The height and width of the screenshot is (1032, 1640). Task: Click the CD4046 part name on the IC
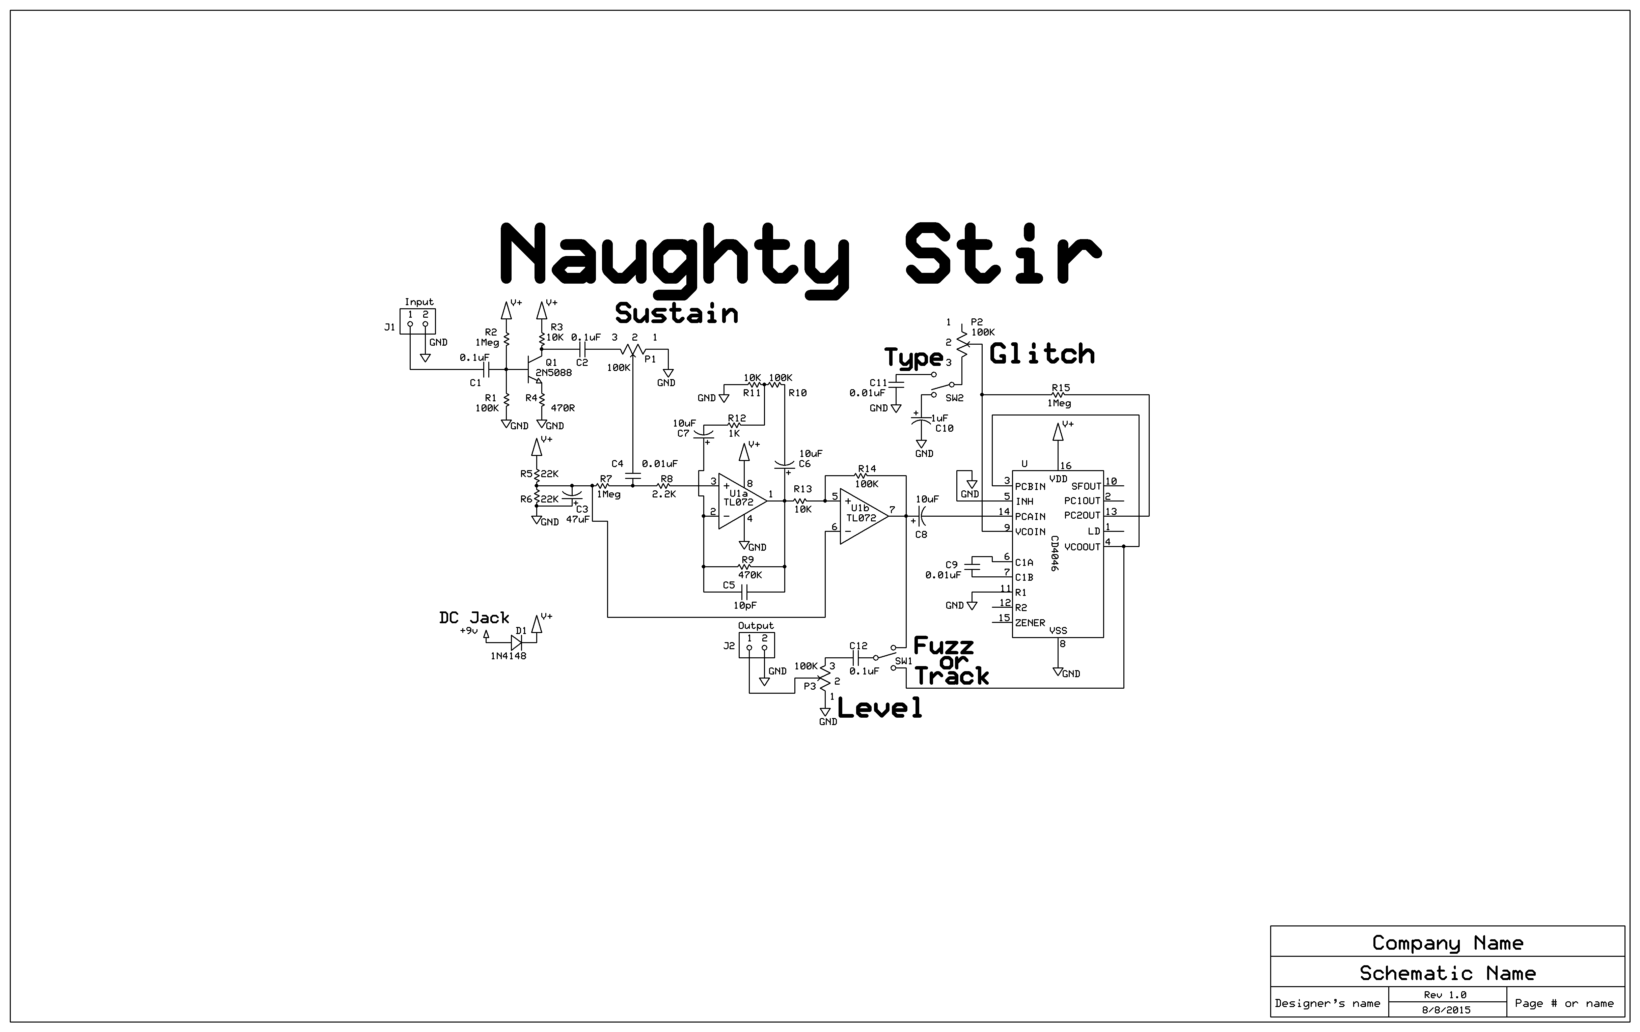click(x=1054, y=553)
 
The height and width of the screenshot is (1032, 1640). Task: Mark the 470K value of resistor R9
click(x=750, y=575)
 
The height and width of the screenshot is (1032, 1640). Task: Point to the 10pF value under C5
click(x=745, y=605)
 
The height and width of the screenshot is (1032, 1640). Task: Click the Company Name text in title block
click(x=1447, y=943)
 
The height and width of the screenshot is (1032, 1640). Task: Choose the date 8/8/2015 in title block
click(x=1446, y=1010)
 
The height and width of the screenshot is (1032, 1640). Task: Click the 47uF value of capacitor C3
click(x=577, y=519)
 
